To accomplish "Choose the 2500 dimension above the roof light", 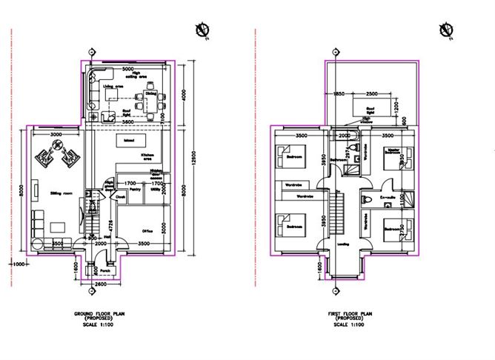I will (x=372, y=93).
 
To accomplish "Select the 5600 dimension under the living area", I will (x=128, y=121).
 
